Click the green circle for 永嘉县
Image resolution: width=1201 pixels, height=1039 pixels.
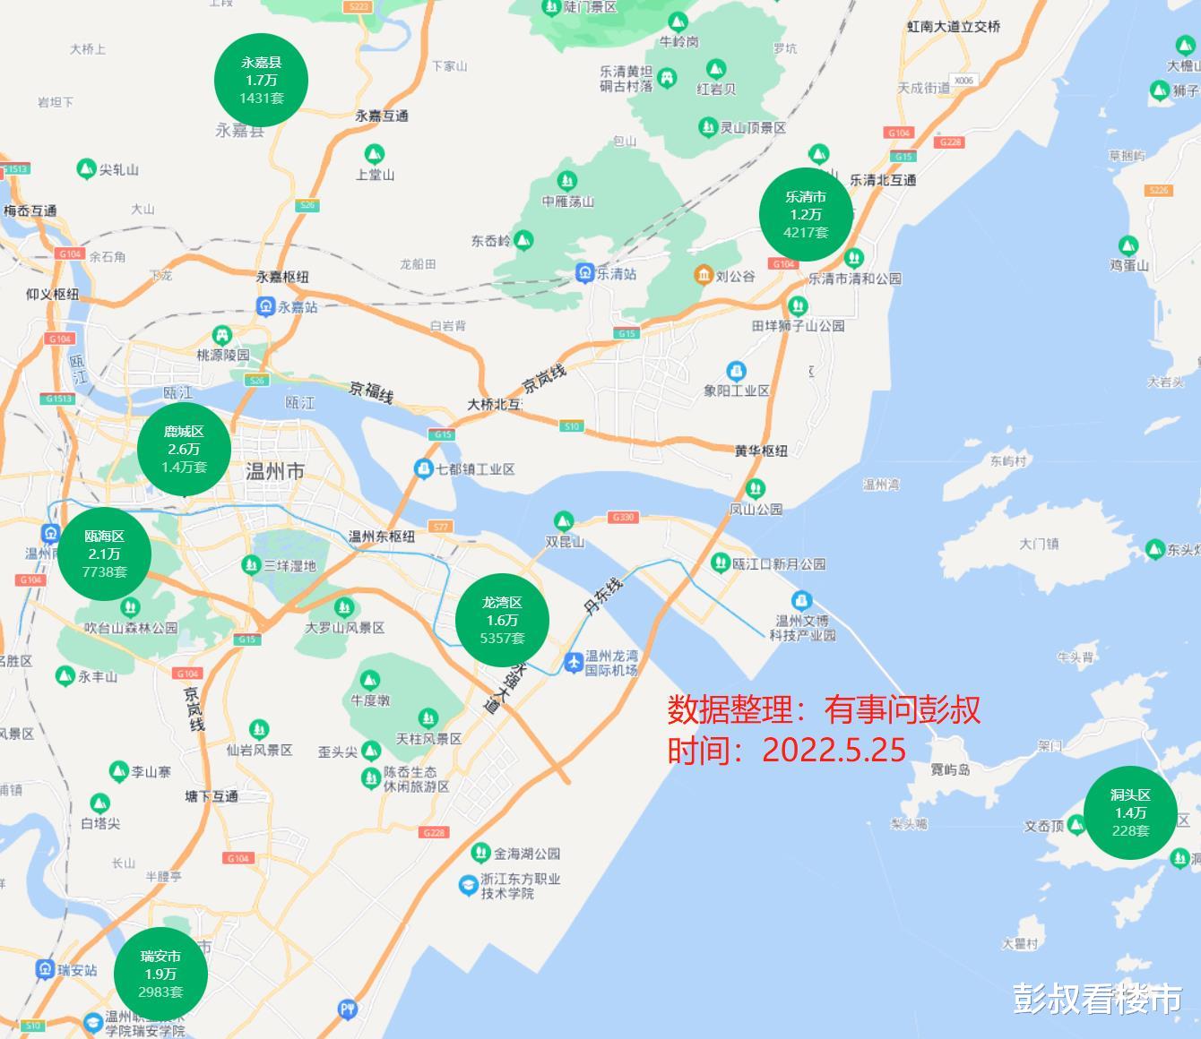point(261,80)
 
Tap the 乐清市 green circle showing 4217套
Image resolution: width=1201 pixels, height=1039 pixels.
point(806,214)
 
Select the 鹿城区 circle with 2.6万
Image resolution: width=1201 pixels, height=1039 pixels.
point(184,449)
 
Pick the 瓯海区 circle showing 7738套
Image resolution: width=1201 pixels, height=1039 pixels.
point(104,554)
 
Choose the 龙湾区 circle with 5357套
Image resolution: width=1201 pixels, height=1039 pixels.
point(502,620)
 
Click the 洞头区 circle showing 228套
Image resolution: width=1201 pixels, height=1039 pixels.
point(1130,812)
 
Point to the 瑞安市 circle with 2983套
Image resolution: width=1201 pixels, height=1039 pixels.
point(160,974)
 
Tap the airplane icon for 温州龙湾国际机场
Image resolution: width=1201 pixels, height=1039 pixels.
point(574,662)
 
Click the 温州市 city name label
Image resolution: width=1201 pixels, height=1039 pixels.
point(275,471)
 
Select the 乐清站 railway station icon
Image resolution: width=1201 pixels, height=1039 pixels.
point(584,272)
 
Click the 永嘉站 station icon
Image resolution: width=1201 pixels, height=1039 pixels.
point(265,307)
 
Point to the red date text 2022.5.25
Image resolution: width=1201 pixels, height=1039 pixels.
point(834,750)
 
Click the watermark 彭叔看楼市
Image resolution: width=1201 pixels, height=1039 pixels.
point(1097,998)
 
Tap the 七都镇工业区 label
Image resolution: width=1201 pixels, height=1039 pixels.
point(475,468)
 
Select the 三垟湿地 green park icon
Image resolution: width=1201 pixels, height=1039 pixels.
point(252,564)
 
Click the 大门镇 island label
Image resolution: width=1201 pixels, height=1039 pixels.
point(1039,544)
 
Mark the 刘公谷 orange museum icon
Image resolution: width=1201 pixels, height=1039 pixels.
point(704,275)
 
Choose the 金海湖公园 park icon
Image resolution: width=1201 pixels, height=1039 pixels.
point(481,852)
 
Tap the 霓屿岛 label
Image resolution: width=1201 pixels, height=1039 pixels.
point(950,769)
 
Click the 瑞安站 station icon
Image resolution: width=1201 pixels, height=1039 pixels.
point(45,969)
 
